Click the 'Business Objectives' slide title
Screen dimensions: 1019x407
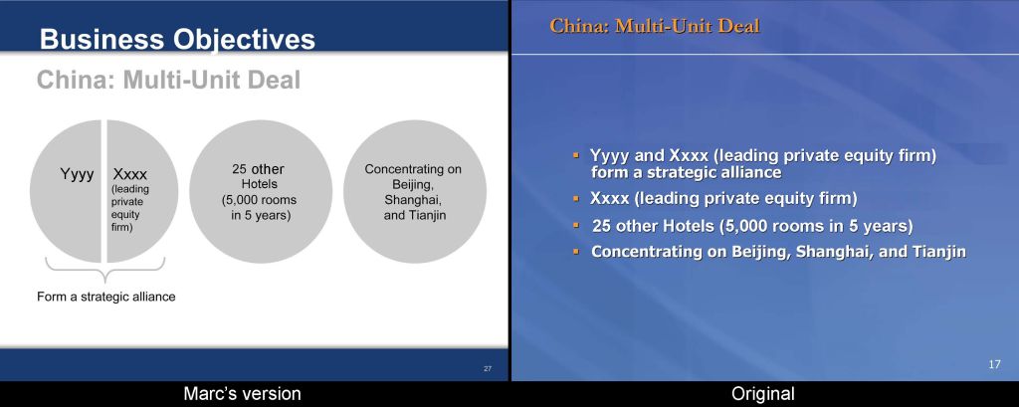(177, 39)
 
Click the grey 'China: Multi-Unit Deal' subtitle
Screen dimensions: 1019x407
(168, 81)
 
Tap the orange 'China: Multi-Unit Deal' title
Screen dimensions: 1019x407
(655, 26)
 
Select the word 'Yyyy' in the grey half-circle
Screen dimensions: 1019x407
(78, 174)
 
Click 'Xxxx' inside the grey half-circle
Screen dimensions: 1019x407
(130, 174)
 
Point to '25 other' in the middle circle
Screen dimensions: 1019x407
(258, 169)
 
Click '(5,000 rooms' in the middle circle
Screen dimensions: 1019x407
(260, 200)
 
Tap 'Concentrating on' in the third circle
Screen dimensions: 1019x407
(413, 169)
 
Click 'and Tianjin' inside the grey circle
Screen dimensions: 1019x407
(415, 215)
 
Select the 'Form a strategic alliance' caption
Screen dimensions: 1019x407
(105, 297)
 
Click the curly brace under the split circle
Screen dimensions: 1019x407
(103, 269)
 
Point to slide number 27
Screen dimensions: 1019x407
(488, 369)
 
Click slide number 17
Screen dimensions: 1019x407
(994, 365)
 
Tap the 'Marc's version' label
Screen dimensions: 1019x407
(243, 393)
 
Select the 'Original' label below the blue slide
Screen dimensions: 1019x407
(763, 393)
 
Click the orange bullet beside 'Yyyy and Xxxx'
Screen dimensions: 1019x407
(576, 154)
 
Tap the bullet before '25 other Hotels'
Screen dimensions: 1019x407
(576, 225)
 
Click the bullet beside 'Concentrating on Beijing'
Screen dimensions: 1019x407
(576, 251)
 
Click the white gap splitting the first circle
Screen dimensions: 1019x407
(103, 191)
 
